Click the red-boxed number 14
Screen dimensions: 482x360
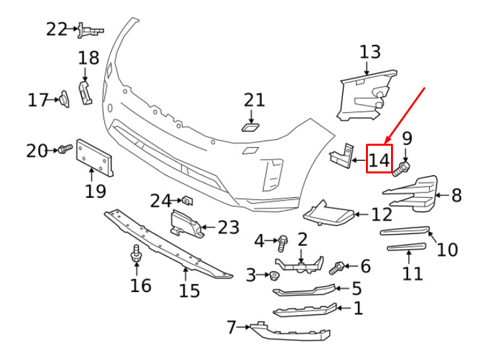(x=379, y=160)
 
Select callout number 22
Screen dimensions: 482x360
(x=57, y=29)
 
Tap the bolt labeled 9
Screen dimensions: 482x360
(x=401, y=169)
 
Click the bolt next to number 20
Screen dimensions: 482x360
(x=65, y=149)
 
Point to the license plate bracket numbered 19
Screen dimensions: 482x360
(x=94, y=158)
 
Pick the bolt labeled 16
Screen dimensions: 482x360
(x=136, y=253)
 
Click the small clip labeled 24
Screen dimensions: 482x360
(x=187, y=200)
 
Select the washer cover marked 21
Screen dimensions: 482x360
(x=250, y=127)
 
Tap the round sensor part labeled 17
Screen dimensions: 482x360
(x=65, y=99)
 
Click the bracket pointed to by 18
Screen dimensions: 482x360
(x=85, y=92)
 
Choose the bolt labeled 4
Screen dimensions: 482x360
(x=282, y=243)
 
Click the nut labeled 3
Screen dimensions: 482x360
(x=273, y=276)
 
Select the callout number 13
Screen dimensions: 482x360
(x=370, y=51)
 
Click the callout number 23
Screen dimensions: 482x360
(x=228, y=227)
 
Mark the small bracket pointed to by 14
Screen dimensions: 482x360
(x=342, y=156)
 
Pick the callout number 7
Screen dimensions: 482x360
(x=231, y=327)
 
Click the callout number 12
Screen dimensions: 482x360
(x=382, y=214)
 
